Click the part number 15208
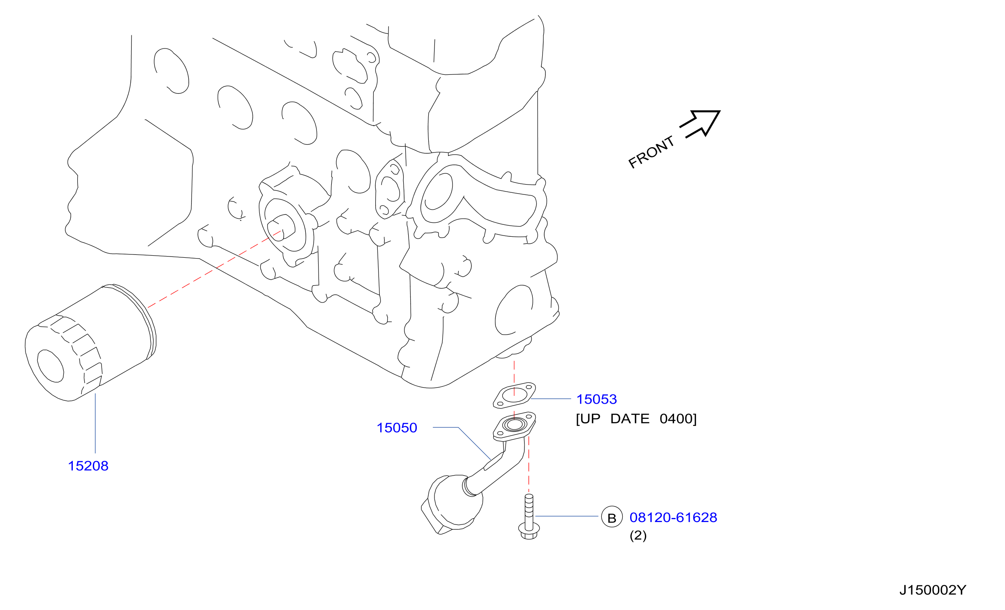(88, 466)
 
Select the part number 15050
(397, 428)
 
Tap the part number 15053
(596, 399)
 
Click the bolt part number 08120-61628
(673, 518)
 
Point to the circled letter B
(612, 517)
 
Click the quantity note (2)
(638, 536)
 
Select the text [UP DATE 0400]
(636, 419)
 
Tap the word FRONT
(652, 152)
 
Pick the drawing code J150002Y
(933, 590)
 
